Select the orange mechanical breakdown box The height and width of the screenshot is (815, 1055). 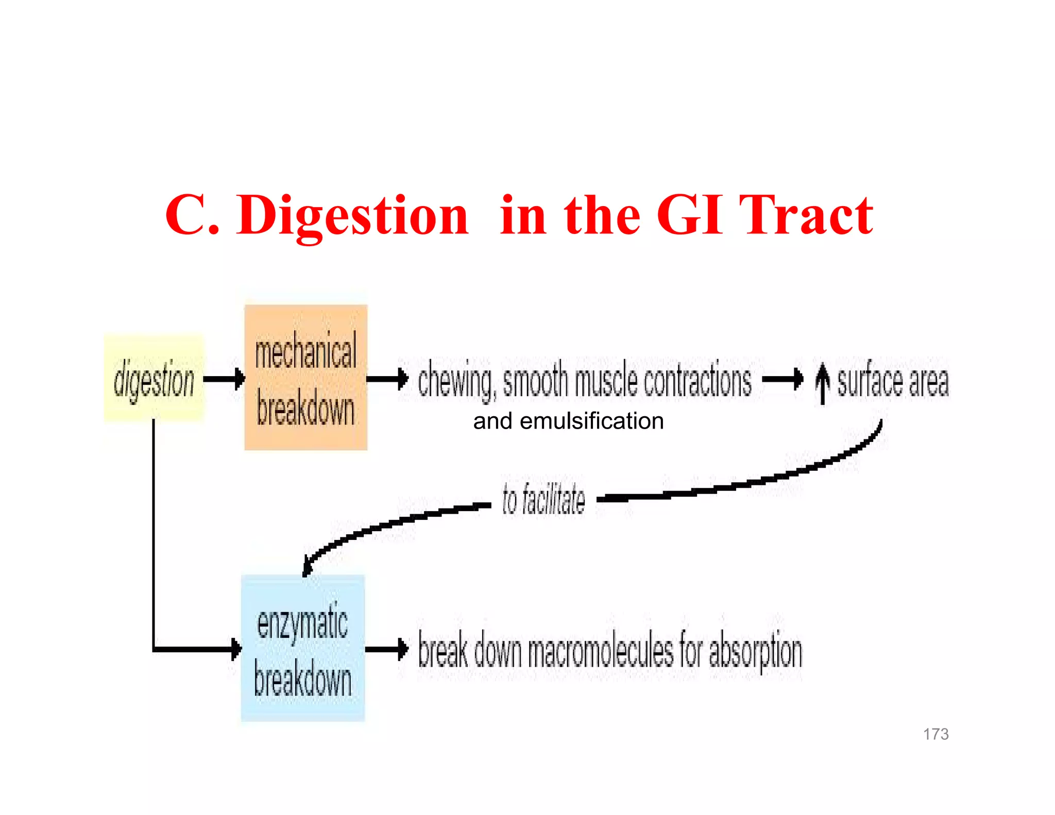click(x=305, y=377)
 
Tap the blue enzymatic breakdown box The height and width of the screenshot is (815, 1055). click(x=303, y=648)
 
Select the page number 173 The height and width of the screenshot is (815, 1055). click(x=935, y=734)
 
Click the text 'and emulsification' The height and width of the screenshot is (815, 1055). click(x=568, y=421)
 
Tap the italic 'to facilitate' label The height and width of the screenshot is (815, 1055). click(x=543, y=499)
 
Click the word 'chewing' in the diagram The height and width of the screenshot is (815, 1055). click(x=456, y=381)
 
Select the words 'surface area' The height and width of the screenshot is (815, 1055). click(x=893, y=381)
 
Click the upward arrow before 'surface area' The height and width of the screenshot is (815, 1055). click(x=823, y=383)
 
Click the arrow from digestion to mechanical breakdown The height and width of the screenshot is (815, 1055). click(x=225, y=379)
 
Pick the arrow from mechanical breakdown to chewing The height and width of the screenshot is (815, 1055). click(x=387, y=379)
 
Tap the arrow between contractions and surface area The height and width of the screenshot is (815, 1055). click(x=782, y=379)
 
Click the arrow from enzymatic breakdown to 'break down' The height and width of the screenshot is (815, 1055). click(x=387, y=649)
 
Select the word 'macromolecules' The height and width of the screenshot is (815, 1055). click(x=600, y=651)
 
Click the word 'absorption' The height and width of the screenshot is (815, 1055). click(x=756, y=651)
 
